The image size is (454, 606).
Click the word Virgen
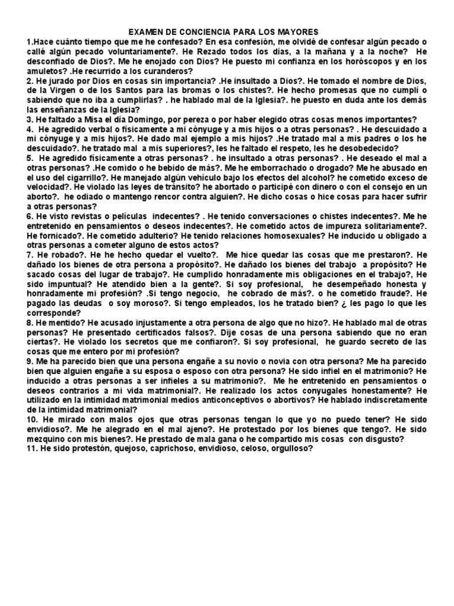tap(69, 90)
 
